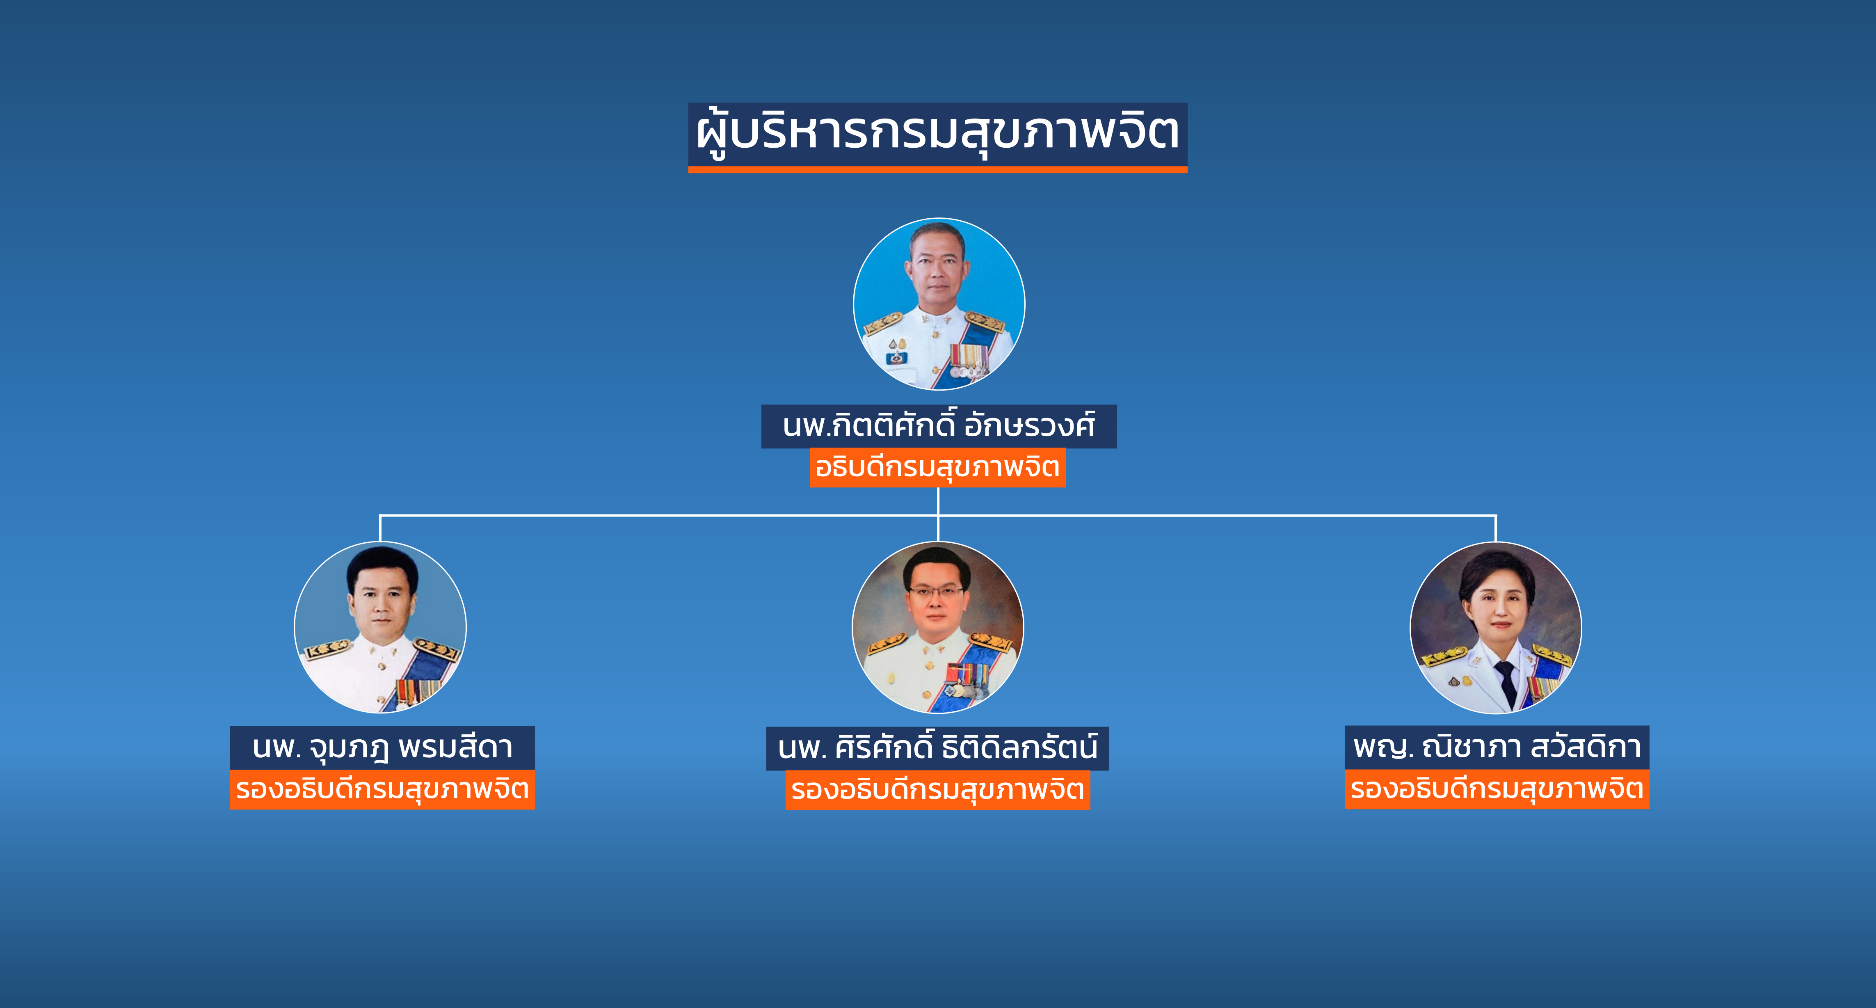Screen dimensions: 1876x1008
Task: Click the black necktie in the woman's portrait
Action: [1505, 683]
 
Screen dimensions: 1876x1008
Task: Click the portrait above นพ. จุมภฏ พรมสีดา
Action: [380, 627]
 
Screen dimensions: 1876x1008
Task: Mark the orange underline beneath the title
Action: [938, 170]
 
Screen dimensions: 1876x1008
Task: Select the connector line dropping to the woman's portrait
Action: [1496, 528]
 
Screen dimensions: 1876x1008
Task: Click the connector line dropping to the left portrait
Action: [380, 528]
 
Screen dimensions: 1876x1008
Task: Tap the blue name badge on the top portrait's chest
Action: [896, 358]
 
